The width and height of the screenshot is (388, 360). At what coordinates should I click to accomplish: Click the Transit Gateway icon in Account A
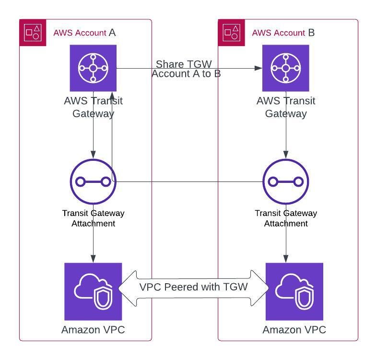tap(93, 68)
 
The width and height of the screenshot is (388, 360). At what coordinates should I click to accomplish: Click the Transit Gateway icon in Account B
tap(285, 68)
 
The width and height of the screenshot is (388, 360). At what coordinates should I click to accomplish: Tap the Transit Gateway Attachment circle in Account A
tap(93, 182)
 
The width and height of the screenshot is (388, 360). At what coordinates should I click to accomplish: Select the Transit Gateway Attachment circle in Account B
tap(286, 182)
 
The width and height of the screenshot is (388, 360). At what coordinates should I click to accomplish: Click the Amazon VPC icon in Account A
tap(93, 291)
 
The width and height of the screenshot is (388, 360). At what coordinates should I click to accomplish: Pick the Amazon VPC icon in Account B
tap(294, 291)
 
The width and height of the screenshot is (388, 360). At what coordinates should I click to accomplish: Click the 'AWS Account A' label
tap(84, 33)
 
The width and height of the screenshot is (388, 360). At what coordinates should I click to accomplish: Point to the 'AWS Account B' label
tap(283, 33)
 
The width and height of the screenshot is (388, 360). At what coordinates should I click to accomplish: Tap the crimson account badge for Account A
tap(33, 33)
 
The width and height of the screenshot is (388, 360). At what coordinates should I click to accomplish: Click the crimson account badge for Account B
tap(232, 33)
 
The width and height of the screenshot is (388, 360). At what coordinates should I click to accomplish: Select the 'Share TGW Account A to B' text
tap(186, 69)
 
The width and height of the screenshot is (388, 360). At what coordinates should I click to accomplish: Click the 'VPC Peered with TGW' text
tap(193, 287)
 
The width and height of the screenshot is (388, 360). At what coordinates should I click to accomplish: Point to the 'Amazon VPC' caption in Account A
tap(93, 330)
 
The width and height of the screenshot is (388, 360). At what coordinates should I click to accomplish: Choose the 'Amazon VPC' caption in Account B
tap(294, 330)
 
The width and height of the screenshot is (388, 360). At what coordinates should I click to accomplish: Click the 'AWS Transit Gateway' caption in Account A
tap(93, 107)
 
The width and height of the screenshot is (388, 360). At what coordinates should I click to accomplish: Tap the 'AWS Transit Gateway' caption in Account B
tap(286, 107)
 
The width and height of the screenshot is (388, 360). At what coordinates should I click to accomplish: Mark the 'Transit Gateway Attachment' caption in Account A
tap(93, 218)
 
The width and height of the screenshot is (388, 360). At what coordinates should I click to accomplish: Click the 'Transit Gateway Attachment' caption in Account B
tap(286, 218)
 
